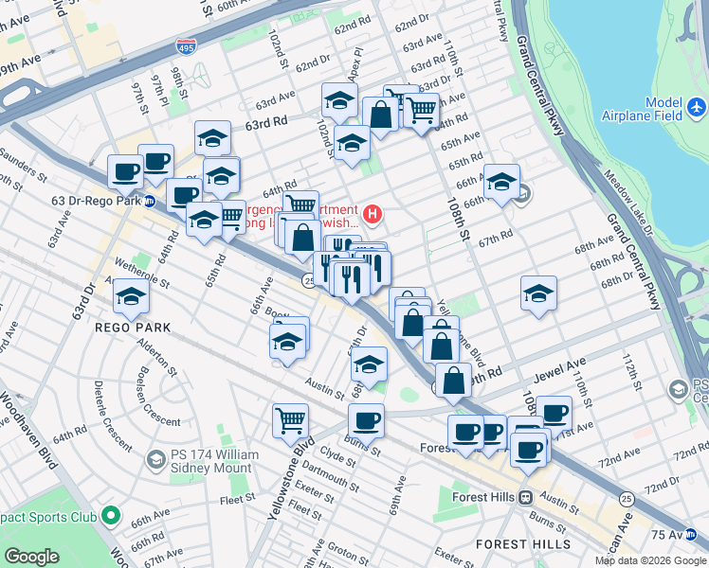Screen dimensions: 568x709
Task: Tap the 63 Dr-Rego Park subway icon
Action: (150, 201)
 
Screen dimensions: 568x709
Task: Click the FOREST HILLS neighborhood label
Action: (516, 544)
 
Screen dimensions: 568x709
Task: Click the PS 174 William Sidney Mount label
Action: (214, 461)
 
